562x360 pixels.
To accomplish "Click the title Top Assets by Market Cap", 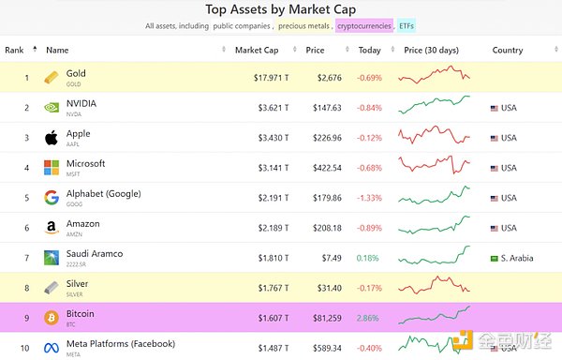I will pyautogui.click(x=280, y=10).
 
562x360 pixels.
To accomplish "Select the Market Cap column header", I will pyautogui.click(x=256, y=50).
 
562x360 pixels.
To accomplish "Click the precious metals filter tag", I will pyautogui.click(x=303, y=26).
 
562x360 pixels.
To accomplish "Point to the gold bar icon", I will pyautogui.click(x=52, y=77).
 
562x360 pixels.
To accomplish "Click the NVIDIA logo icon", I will pyautogui.click(x=52, y=107).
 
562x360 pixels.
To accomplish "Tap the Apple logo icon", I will pyautogui.click(x=52, y=138).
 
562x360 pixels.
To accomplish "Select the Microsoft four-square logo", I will pyautogui.click(x=52, y=168).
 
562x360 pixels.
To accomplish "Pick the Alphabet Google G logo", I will pyautogui.click(x=52, y=198).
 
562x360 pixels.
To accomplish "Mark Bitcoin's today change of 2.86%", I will pyautogui.click(x=368, y=318).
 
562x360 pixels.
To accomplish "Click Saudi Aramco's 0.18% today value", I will pyautogui.click(x=368, y=258).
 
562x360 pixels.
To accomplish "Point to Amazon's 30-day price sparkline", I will pyautogui.click(x=434, y=228).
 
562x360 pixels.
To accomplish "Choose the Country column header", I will pyautogui.click(x=507, y=50).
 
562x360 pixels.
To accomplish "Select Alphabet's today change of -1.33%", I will pyautogui.click(x=368, y=198).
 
